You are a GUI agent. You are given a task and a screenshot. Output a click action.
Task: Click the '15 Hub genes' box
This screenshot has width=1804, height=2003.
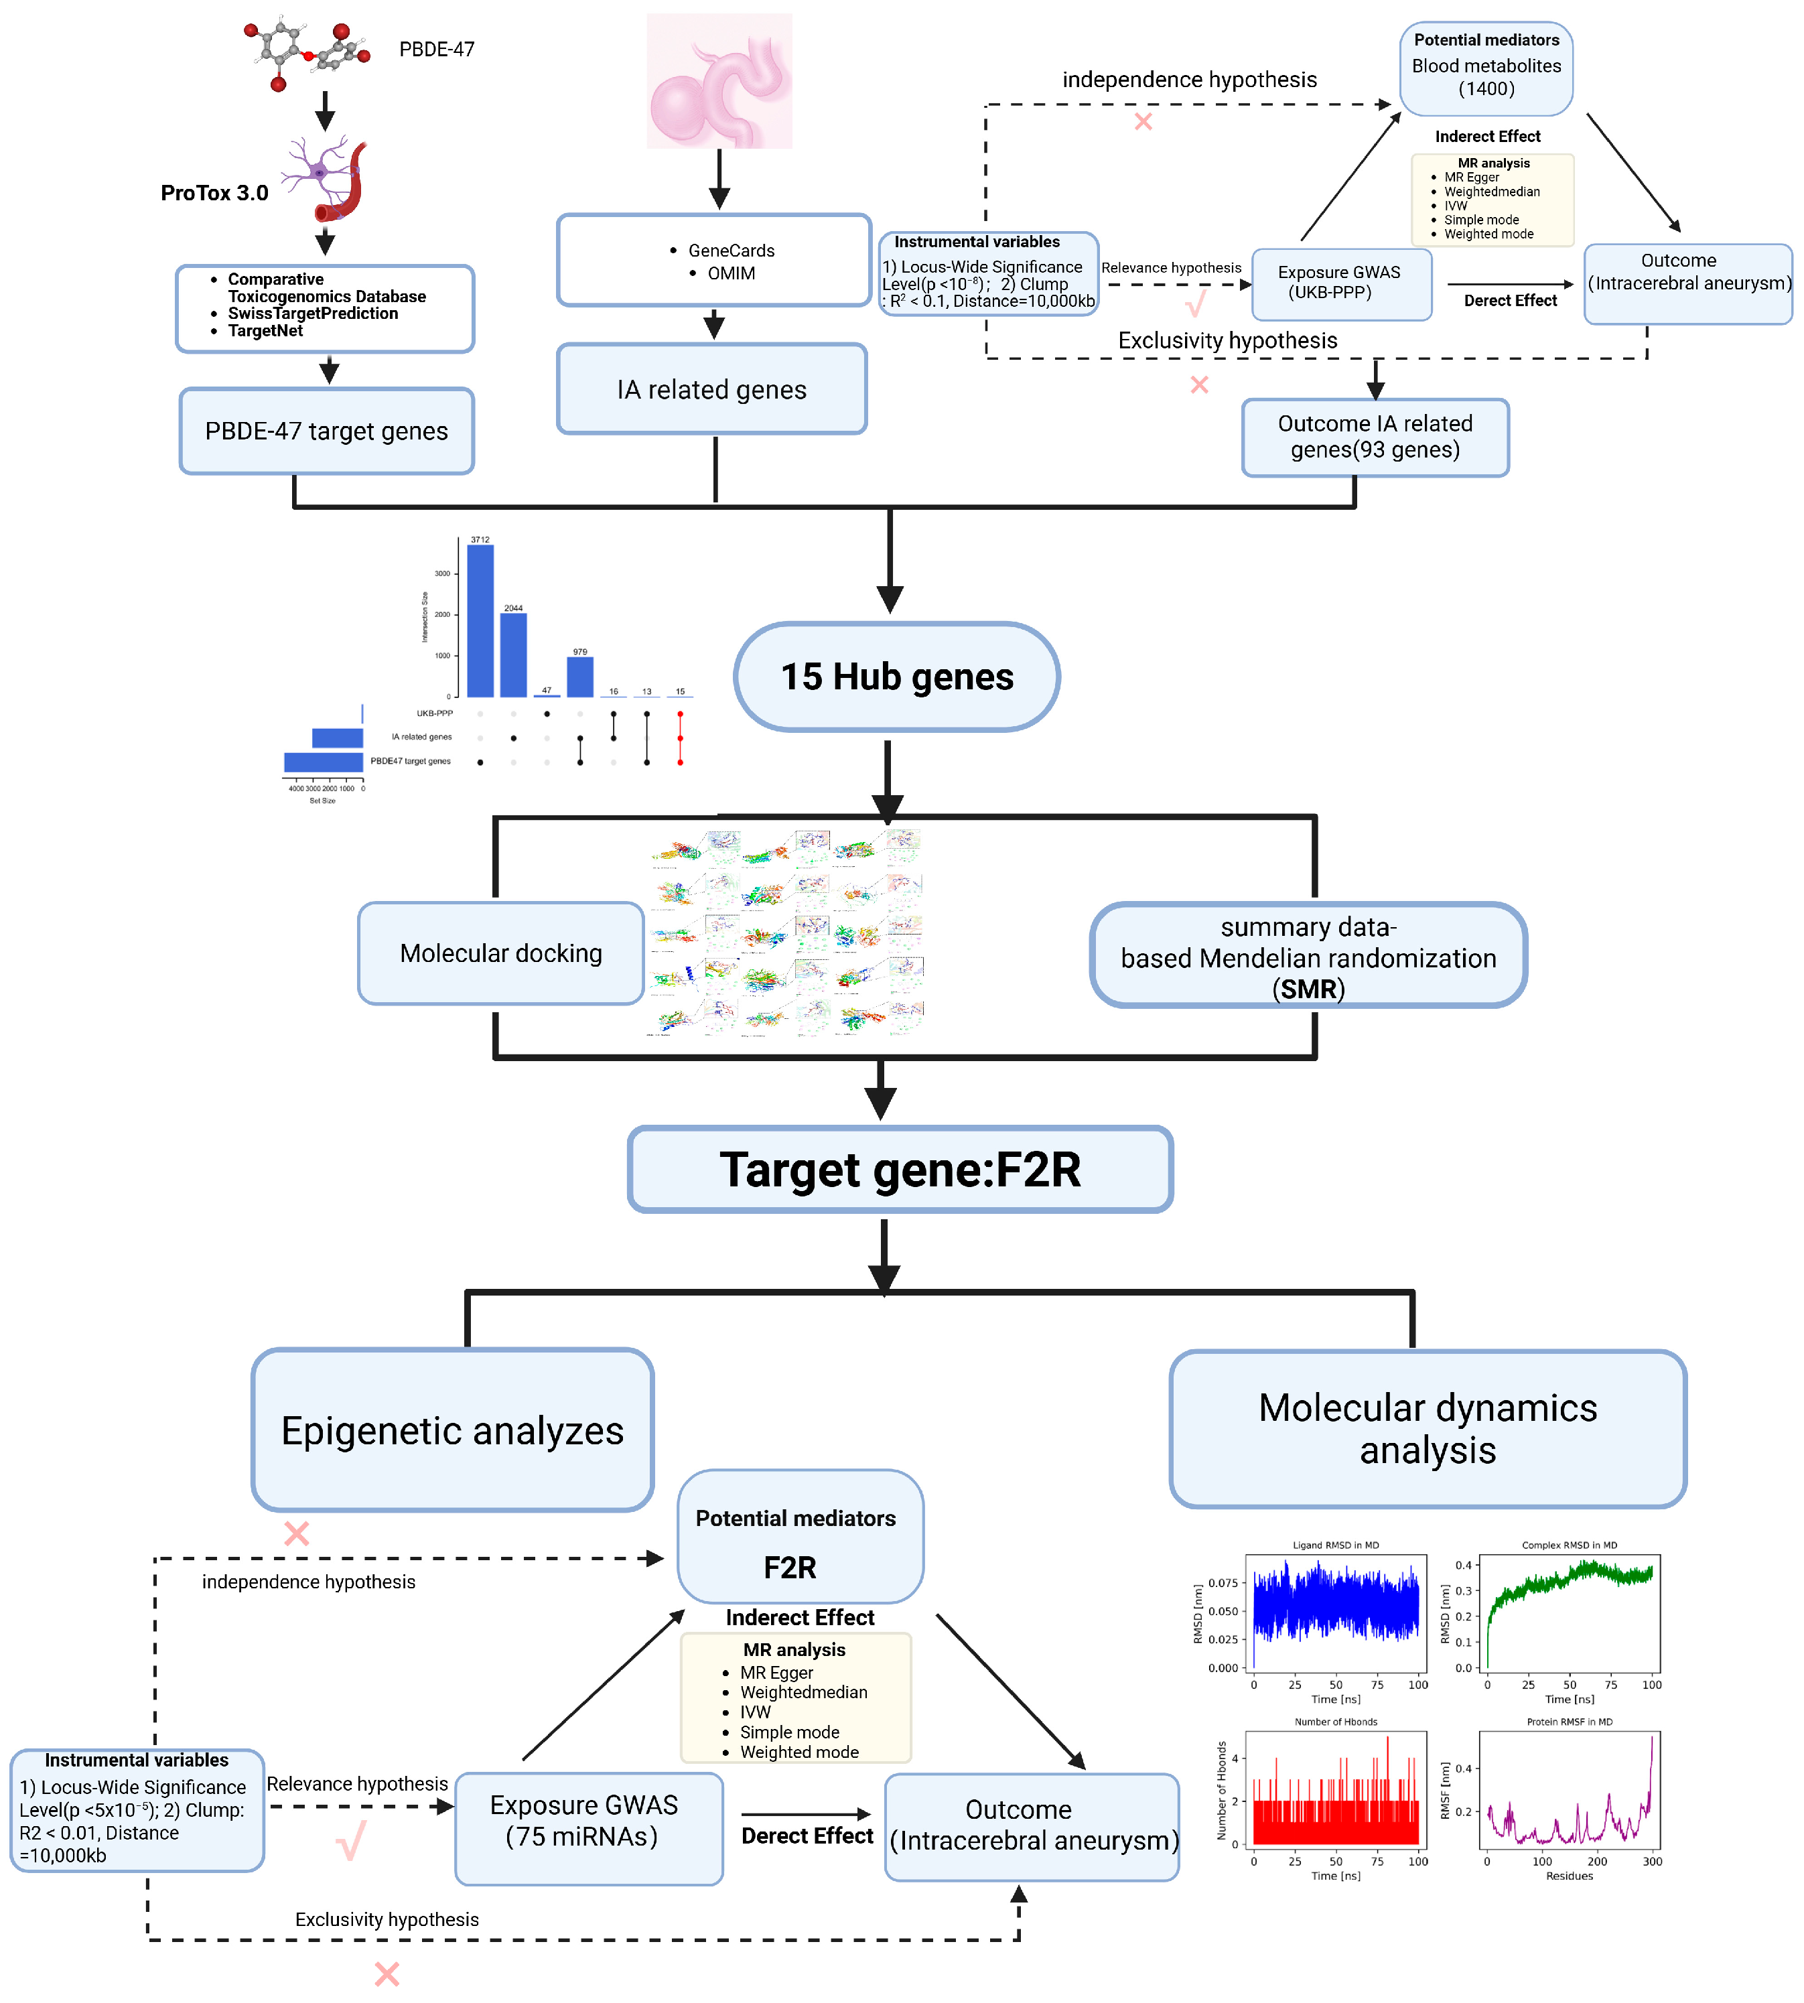896,677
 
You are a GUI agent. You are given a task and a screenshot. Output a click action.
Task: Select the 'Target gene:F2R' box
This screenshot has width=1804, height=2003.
900,1170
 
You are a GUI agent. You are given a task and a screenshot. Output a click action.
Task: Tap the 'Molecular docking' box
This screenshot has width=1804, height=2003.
500,953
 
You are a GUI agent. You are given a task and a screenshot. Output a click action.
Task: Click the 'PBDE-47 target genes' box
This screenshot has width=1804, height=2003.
326,431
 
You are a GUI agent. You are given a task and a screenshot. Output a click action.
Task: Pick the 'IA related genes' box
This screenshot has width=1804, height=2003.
711,389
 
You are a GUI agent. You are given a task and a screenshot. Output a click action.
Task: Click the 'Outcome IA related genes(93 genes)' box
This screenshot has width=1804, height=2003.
1375,437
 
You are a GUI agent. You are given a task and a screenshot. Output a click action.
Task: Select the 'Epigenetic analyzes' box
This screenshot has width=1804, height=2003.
452,1430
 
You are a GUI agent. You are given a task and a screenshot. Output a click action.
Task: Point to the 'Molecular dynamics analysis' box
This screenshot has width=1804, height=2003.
1428,1428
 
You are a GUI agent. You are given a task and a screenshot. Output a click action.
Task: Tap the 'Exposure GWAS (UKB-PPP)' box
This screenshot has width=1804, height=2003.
1340,283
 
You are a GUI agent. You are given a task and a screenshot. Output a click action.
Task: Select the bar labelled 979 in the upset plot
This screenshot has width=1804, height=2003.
580,677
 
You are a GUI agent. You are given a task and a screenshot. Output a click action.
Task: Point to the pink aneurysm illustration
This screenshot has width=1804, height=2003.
719,81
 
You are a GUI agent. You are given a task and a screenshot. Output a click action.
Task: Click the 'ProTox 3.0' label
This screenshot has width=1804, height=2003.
214,193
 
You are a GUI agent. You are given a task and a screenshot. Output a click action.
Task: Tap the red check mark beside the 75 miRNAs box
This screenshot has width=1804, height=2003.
352,1840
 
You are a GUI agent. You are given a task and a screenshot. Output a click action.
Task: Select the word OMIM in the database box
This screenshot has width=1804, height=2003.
731,273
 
